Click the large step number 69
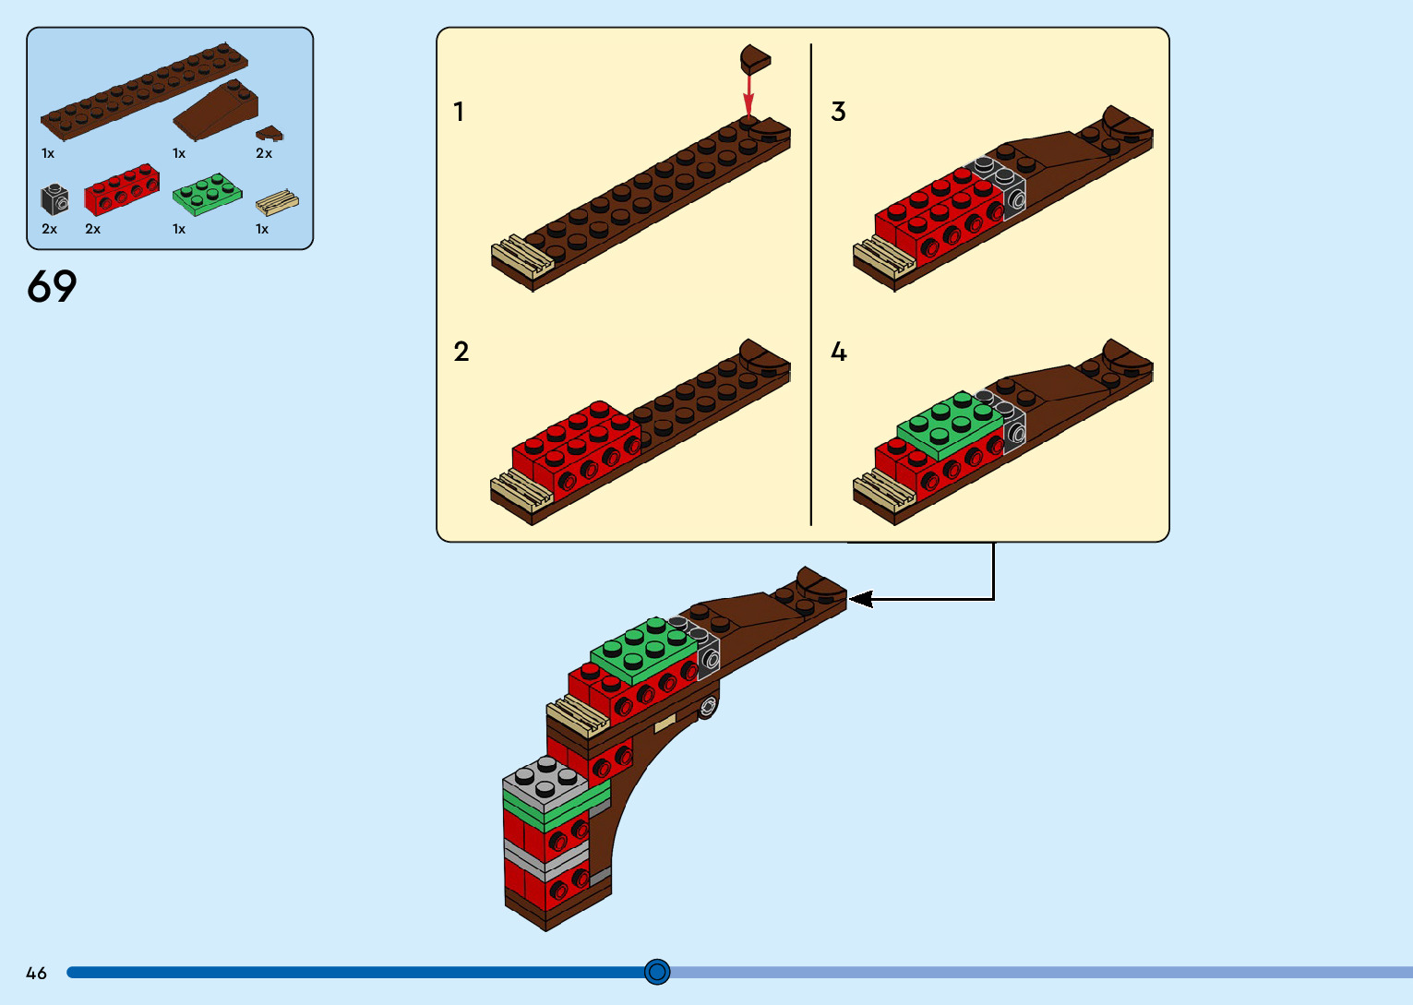click(x=52, y=286)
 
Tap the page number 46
click(x=36, y=973)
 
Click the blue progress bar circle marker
click(x=657, y=972)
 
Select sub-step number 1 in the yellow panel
click(x=459, y=112)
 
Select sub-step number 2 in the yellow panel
click(x=461, y=352)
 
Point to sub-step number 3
click(x=838, y=112)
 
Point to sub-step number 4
click(x=839, y=352)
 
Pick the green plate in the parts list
click(x=207, y=194)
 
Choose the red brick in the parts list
click(x=122, y=189)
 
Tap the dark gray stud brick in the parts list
click(x=54, y=198)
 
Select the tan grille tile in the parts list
click(x=277, y=202)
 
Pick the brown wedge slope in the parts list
click(x=216, y=111)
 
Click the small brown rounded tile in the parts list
click(x=269, y=134)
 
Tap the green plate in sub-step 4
click(x=949, y=425)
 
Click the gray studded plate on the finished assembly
click(x=545, y=783)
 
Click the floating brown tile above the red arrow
click(x=754, y=59)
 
